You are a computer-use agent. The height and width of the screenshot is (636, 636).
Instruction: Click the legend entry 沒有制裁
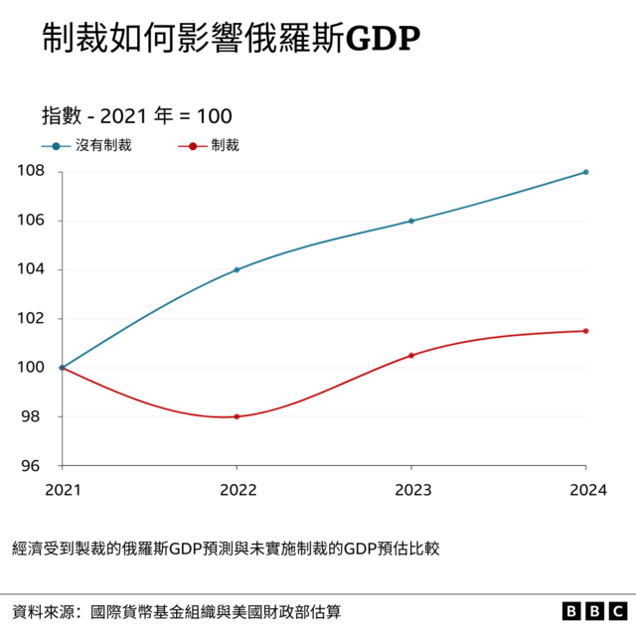(103, 145)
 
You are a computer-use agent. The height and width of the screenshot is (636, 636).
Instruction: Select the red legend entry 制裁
(224, 145)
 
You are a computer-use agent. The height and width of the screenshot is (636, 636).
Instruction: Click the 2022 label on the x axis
(237, 488)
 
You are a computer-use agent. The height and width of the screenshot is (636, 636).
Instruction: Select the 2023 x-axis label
(410, 488)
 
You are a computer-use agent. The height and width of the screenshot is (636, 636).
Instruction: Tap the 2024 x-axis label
(585, 488)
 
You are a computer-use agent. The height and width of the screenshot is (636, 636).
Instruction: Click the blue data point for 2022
(237, 269)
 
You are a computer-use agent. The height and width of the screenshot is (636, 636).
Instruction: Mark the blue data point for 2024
(585, 172)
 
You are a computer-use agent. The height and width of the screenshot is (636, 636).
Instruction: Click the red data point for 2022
(237, 416)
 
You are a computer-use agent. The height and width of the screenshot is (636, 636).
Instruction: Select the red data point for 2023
(411, 355)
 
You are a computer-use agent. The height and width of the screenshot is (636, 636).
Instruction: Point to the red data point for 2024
(585, 331)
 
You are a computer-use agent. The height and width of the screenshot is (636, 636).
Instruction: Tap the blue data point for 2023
(411, 221)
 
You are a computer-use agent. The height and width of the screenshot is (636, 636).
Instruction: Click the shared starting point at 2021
(62, 368)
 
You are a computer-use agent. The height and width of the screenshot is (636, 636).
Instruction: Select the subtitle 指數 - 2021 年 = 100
(137, 115)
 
